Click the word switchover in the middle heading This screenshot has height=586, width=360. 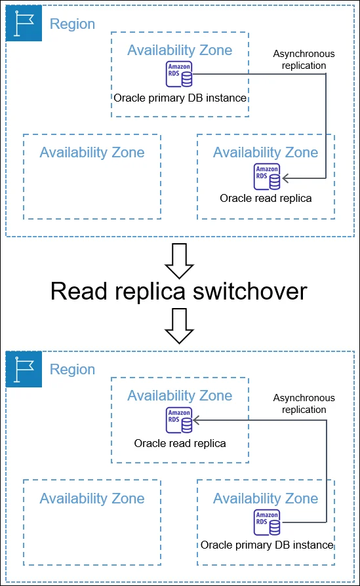pyautogui.click(x=250, y=291)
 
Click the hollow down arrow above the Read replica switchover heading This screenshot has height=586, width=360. pyautogui.click(x=180, y=261)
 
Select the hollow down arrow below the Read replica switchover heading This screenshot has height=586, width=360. pyautogui.click(x=180, y=326)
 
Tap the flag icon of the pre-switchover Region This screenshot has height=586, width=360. pyautogui.click(x=24, y=23)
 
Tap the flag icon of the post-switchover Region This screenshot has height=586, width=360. pyautogui.click(x=24, y=369)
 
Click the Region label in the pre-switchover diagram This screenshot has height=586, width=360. pyautogui.click(x=73, y=24)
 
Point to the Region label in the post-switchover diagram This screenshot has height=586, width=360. pyautogui.click(x=73, y=370)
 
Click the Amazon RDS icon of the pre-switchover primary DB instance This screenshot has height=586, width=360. pyautogui.click(x=179, y=74)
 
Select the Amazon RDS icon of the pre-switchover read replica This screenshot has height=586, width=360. pyautogui.click(x=267, y=176)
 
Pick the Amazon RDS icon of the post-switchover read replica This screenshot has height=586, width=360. pyautogui.click(x=179, y=420)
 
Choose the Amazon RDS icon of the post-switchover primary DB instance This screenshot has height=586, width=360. pyautogui.click(x=267, y=522)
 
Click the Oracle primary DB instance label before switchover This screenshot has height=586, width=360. pyautogui.click(x=180, y=98)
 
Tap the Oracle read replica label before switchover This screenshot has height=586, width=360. pyautogui.click(x=266, y=198)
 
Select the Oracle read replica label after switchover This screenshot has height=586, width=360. pyautogui.click(x=180, y=443)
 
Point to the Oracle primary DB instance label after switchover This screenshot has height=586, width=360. pyautogui.click(x=267, y=545)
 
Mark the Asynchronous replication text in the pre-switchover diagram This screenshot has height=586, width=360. pyautogui.click(x=304, y=60)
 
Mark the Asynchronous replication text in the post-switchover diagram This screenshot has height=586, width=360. pyautogui.click(x=304, y=404)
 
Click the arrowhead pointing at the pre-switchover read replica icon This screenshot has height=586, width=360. pyautogui.click(x=286, y=178)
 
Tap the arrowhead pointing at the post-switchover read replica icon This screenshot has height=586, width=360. pyautogui.click(x=197, y=420)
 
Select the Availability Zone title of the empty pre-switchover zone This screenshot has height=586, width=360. pyautogui.click(x=92, y=153)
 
